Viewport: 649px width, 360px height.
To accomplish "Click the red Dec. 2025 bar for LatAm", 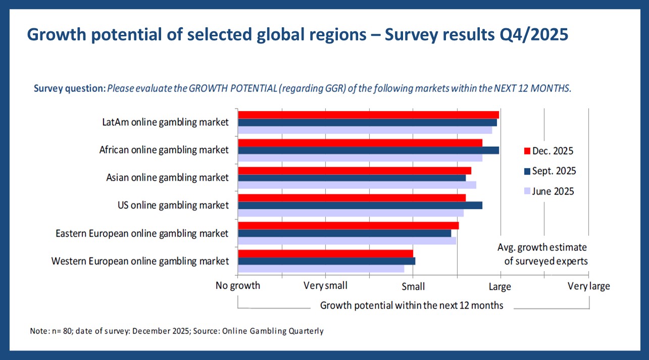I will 368,115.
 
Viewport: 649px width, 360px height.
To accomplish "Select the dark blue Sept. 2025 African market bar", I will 368,150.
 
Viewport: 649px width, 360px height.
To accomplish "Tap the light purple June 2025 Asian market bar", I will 357,185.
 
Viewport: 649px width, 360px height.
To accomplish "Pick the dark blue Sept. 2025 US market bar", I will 360,205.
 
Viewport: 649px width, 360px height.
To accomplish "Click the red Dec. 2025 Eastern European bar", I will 348,225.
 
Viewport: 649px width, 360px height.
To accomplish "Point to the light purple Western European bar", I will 321,269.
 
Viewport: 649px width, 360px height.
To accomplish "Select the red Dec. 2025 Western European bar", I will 325,253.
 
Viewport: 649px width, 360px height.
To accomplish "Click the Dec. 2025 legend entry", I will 548,151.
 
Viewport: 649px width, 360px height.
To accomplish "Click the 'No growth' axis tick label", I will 238,286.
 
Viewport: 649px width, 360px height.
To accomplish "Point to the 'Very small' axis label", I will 325,286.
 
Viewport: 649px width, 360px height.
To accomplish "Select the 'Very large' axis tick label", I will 588,286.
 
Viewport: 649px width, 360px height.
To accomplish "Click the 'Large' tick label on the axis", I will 500,287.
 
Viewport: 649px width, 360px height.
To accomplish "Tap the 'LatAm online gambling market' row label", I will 165,122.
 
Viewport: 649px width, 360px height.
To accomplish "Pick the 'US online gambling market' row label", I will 173,205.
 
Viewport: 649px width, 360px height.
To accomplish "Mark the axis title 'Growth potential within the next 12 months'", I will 412,305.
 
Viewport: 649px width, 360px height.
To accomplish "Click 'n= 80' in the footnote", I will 57,331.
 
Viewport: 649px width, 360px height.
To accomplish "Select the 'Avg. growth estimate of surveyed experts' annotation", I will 542,254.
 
